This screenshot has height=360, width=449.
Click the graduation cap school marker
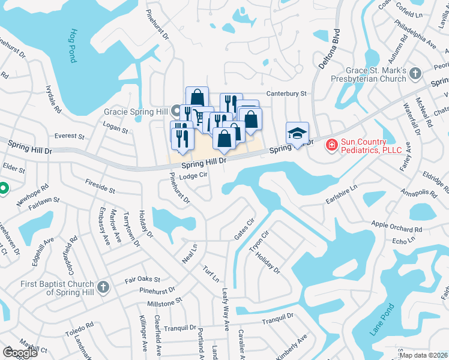point(297,134)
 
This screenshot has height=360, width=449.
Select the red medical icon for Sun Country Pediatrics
point(331,145)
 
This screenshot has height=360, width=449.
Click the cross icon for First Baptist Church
point(103,287)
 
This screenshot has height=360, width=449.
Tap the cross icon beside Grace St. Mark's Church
point(415,74)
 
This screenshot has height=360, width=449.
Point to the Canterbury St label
point(287,94)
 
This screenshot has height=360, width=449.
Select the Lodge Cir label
point(193,176)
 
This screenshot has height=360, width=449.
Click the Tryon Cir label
point(259,241)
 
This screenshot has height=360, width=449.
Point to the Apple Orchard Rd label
point(397,227)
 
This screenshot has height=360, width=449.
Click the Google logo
point(20,353)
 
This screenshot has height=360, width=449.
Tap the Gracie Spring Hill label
point(136,112)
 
